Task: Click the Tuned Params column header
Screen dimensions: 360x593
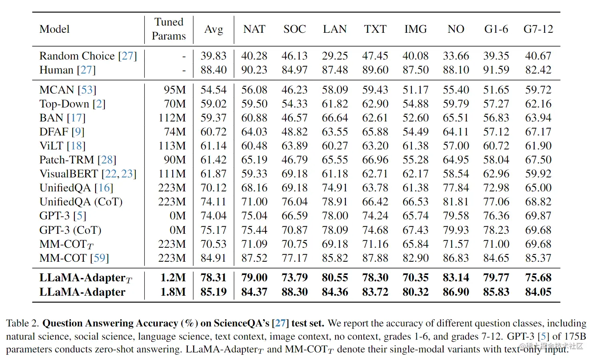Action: [x=169, y=29]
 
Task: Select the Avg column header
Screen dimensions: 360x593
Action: [x=214, y=29]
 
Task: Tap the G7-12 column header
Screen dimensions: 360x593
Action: [x=538, y=29]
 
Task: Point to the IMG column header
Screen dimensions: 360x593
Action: [x=415, y=29]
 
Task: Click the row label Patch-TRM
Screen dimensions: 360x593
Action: [x=66, y=160]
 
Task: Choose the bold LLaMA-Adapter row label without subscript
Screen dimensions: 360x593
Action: [x=82, y=292]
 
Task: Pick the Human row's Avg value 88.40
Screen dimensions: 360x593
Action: [x=214, y=70]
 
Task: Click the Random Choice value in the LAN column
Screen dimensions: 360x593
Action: [x=335, y=56]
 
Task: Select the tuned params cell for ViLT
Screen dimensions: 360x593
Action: [x=172, y=146]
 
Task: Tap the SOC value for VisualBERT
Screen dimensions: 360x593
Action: [x=294, y=174]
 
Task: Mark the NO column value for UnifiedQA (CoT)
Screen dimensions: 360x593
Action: [x=455, y=202]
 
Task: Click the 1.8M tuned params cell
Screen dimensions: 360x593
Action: [x=173, y=292]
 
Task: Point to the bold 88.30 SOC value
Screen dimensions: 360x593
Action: [x=294, y=292]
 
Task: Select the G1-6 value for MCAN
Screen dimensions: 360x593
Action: [x=496, y=90]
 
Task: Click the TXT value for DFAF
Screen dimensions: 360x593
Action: [x=375, y=132]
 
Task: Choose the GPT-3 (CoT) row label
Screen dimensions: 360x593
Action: [x=70, y=230]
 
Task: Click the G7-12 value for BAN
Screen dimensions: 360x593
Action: [x=538, y=118]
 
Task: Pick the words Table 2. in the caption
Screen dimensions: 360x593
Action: [x=22, y=323]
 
